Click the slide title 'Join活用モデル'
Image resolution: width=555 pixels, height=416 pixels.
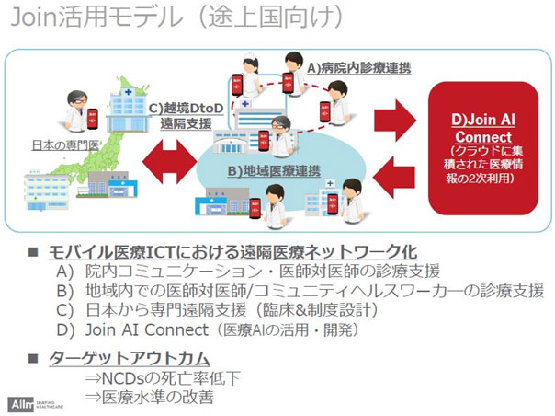click(101, 19)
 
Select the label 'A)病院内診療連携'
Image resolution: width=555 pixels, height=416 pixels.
click(354, 69)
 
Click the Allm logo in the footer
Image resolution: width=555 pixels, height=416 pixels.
click(20, 403)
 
